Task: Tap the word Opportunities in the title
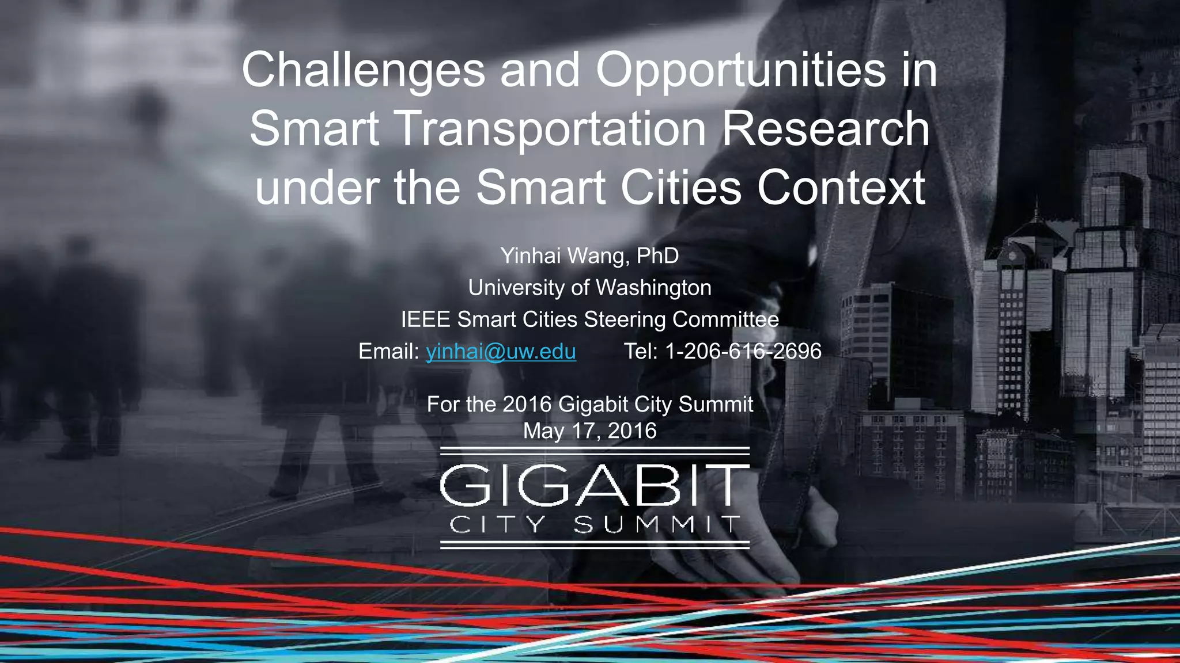pos(740,70)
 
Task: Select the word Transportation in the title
pos(551,129)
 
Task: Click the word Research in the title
pos(825,129)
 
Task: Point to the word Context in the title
pos(841,188)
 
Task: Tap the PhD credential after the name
pos(657,256)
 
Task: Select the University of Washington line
pos(589,288)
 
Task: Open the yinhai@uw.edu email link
pos(501,351)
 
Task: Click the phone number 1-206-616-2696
pos(743,351)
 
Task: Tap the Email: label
pos(388,351)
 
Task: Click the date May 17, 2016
pos(589,431)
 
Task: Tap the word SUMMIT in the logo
pos(656,525)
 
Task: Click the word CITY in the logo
pos(497,525)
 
